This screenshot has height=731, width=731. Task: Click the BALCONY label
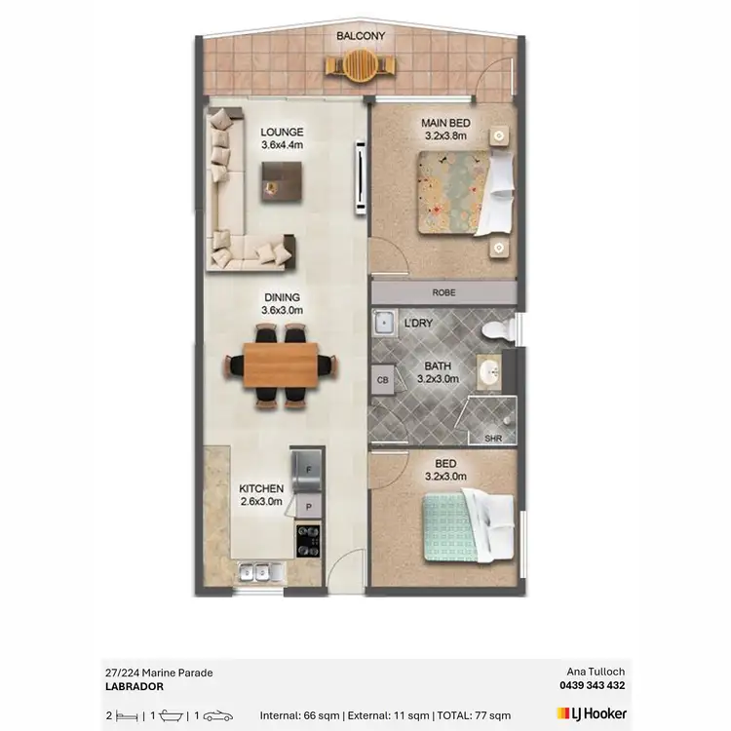pyautogui.click(x=361, y=36)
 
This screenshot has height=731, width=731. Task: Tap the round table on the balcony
pyautogui.click(x=361, y=66)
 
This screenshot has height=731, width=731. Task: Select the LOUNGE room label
pyautogui.click(x=282, y=133)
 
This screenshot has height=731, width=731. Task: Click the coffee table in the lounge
pyautogui.click(x=282, y=179)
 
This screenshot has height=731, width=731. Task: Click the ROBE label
pyautogui.click(x=443, y=292)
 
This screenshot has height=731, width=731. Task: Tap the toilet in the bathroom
pyautogui.click(x=500, y=327)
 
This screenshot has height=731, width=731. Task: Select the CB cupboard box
pyautogui.click(x=382, y=381)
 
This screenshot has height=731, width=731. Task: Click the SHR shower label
pyautogui.click(x=493, y=438)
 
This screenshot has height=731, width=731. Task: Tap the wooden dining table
pyautogui.click(x=281, y=365)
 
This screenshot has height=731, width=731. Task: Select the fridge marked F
pyautogui.click(x=308, y=467)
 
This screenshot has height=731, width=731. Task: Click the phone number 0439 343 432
pyautogui.click(x=589, y=685)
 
